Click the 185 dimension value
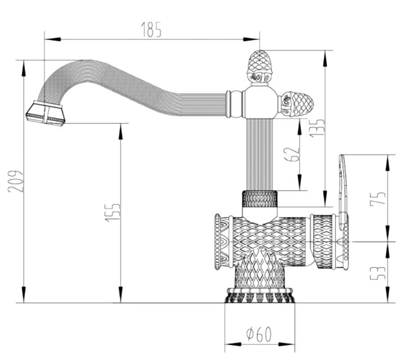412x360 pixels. pyautogui.click(x=151, y=29)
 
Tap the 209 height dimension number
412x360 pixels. pyautogui.click(x=16, y=181)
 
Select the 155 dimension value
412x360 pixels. pyautogui.click(x=113, y=212)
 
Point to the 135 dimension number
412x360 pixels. pyautogui.click(x=317, y=128)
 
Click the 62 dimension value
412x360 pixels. pyautogui.click(x=292, y=154)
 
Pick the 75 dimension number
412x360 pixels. pyautogui.click(x=377, y=198)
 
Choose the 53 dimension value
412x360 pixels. pyautogui.click(x=377, y=273)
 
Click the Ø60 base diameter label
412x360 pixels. pyautogui.click(x=259, y=334)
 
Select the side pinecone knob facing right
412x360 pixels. pyautogui.click(x=296, y=104)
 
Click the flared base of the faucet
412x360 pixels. pyautogui.click(x=260, y=295)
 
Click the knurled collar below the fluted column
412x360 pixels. pyautogui.click(x=260, y=199)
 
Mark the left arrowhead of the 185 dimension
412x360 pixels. pyautogui.click(x=53, y=39)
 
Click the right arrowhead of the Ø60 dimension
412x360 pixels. pyautogui.click(x=287, y=344)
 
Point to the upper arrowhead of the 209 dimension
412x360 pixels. pyautogui.click(x=24, y=68)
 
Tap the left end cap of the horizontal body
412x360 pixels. pyautogui.click(x=218, y=242)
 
